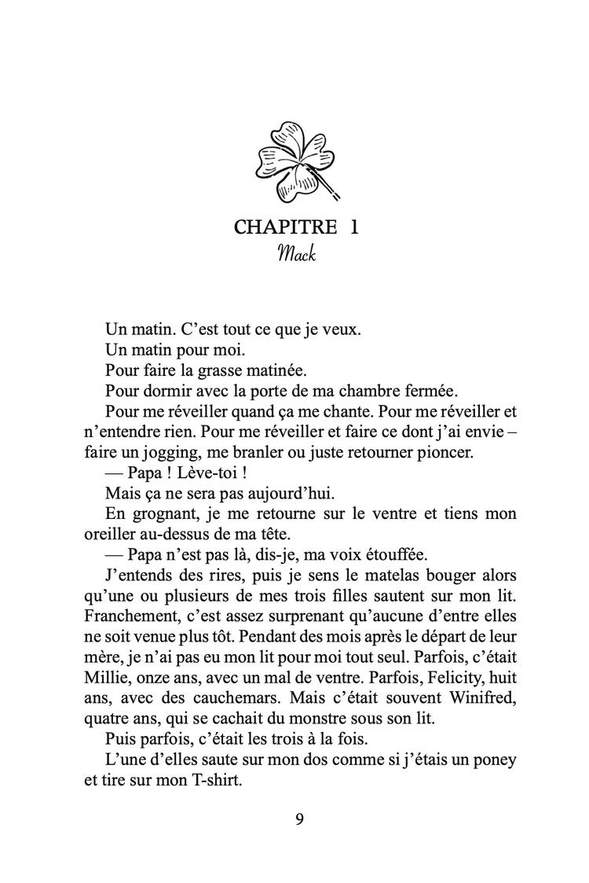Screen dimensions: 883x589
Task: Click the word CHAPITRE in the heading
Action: click(280, 228)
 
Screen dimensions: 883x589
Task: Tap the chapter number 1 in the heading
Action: click(354, 228)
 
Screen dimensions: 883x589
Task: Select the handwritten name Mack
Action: click(296, 255)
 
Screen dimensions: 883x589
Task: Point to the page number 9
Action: click(299, 819)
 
